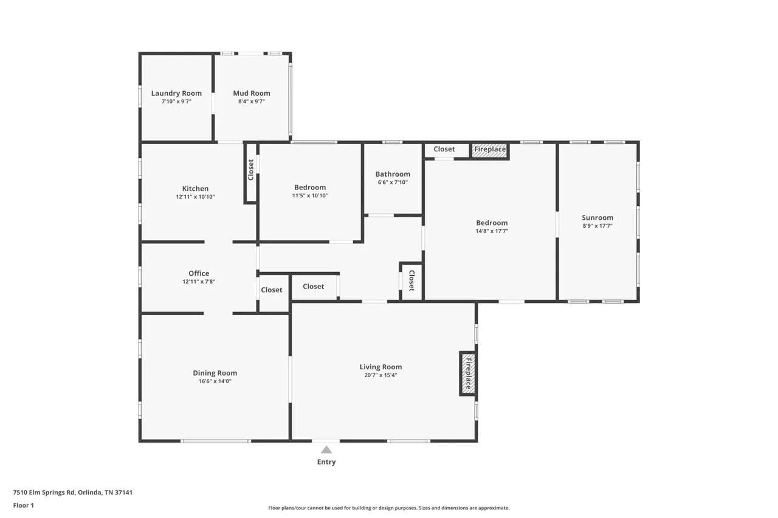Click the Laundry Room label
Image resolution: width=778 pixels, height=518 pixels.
[x=176, y=93]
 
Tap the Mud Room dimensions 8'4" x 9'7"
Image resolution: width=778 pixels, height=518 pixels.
[x=252, y=101]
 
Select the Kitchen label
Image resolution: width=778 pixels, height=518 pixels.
[x=195, y=188]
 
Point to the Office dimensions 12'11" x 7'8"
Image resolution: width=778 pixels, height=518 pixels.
[x=199, y=281]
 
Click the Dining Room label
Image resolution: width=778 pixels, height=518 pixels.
[x=215, y=373]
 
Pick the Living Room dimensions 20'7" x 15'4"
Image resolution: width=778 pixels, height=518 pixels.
[x=380, y=375]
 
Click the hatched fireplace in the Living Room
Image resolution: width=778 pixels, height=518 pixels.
[x=468, y=373]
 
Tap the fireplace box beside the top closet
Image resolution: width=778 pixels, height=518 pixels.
[x=490, y=150]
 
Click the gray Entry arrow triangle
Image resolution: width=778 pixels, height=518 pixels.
[x=326, y=450]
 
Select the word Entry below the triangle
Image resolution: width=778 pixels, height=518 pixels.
[x=326, y=462]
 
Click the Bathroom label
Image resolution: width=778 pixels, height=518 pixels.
[x=393, y=174]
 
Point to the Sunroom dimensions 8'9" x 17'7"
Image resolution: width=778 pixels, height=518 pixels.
[x=597, y=226]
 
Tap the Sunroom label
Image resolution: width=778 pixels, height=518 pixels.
[x=597, y=217]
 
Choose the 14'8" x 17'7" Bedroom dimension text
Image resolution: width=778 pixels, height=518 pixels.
[x=492, y=231]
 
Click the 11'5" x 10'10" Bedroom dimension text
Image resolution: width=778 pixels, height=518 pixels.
[x=310, y=196]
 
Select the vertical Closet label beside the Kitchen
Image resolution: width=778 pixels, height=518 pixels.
[x=251, y=169]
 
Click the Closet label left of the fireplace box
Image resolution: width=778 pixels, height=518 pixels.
[x=444, y=149]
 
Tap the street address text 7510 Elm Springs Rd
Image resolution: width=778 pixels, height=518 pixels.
[x=44, y=492]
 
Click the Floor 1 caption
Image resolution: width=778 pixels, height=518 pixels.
[x=24, y=505]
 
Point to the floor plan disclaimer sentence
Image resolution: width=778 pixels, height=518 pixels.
[x=389, y=508]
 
